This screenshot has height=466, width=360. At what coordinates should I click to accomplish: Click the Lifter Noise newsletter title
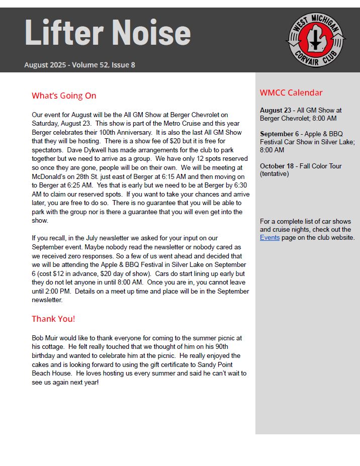point(108,33)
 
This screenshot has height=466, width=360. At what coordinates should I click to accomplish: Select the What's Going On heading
point(64,96)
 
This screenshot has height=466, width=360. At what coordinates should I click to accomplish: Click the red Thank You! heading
point(53,319)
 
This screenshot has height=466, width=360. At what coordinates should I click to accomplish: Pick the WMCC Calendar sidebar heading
point(291,92)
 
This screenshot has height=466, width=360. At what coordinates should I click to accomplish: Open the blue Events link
point(269,237)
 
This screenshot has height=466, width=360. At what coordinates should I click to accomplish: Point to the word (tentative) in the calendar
point(275,174)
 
